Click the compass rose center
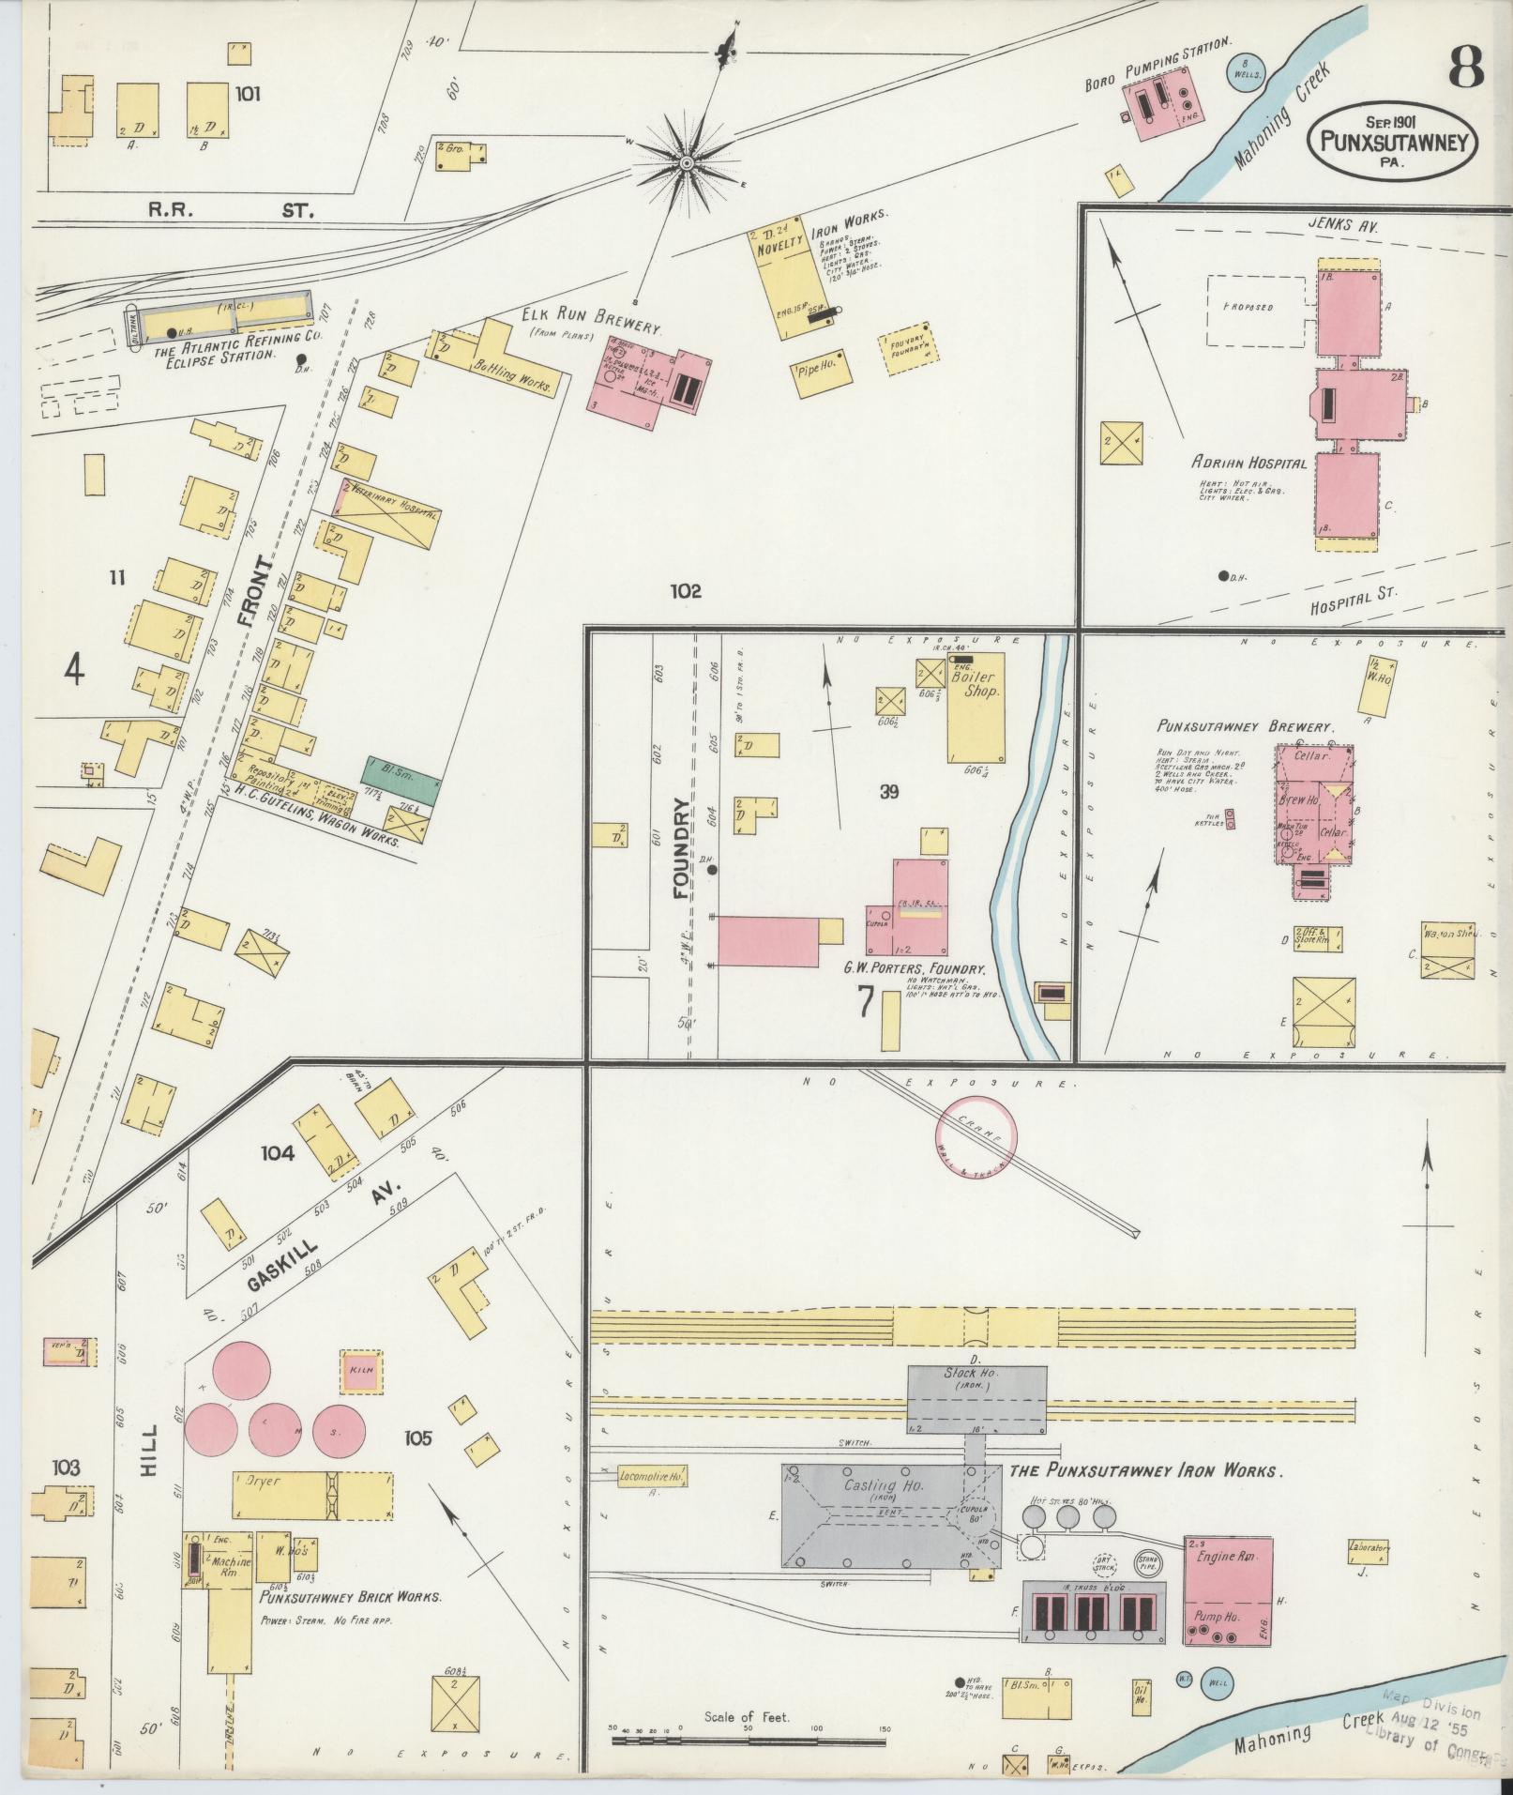686,163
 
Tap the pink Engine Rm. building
1228,1590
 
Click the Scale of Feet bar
748,1742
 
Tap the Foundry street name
683,850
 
